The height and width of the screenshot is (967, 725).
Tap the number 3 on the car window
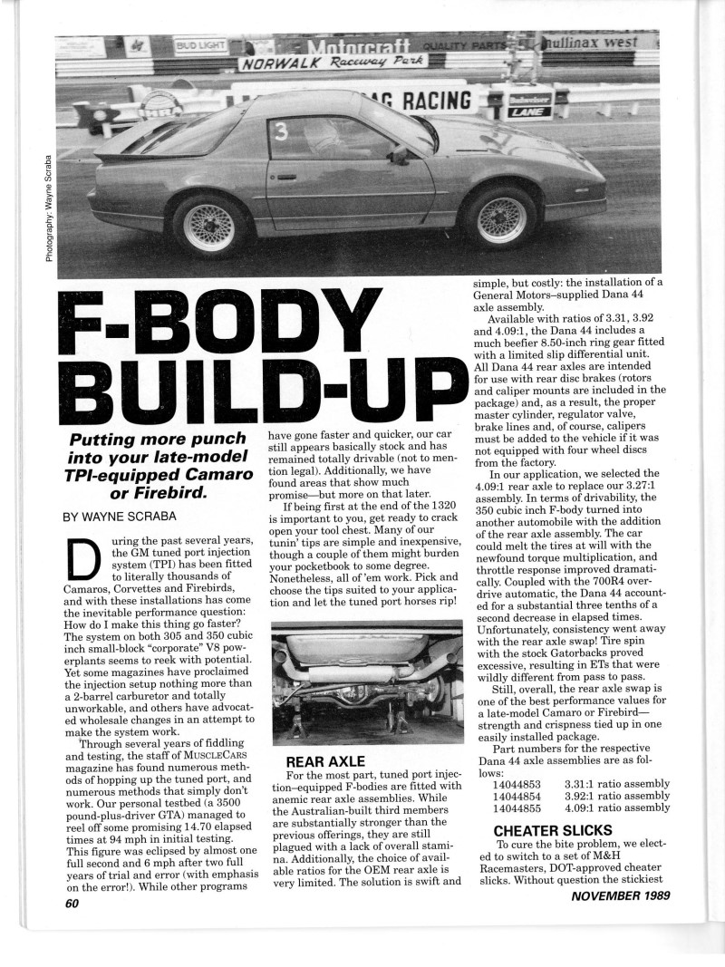click(281, 132)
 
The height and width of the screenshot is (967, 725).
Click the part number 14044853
click(517, 783)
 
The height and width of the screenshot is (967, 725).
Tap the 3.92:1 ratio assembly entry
click(616, 796)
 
